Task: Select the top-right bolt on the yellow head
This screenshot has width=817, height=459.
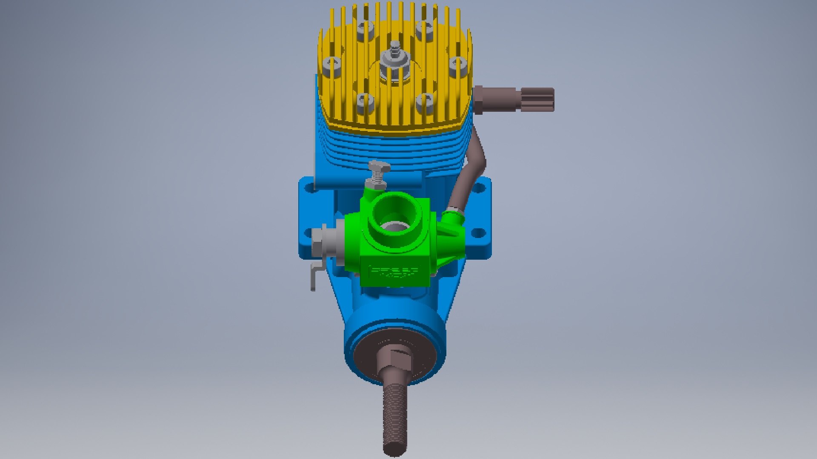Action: tap(425, 31)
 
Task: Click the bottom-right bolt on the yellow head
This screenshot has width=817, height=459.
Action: tap(425, 102)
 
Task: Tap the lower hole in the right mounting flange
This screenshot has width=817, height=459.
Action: tap(479, 232)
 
